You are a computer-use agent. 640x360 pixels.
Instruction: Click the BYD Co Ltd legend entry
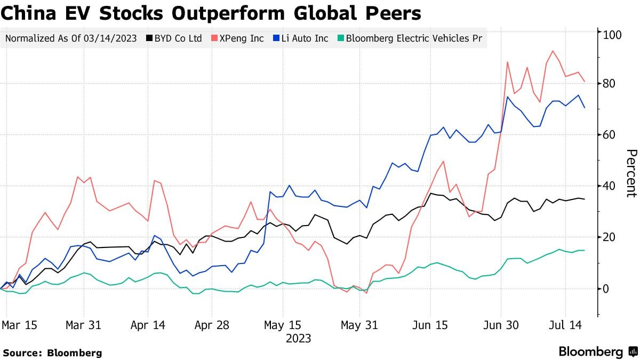coord(178,38)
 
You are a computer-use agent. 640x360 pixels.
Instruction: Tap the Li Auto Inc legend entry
coord(301,38)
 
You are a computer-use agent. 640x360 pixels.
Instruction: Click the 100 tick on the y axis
coord(612,35)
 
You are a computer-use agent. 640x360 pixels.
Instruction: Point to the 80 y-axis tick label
coord(610,84)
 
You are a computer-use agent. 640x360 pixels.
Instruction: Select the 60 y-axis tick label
coord(610,135)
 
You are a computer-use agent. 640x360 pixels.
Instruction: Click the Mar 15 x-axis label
coord(19,325)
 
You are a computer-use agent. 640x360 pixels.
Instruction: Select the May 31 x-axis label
coord(359,325)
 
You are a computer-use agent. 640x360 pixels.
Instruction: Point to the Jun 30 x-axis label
coord(501,325)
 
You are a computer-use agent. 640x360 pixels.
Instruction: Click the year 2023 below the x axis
coord(299,338)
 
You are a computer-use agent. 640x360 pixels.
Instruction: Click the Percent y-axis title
coord(631,173)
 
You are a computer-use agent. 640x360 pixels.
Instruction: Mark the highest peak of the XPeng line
coord(553,51)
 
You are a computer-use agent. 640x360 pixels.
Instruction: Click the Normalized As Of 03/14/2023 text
coord(70,38)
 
